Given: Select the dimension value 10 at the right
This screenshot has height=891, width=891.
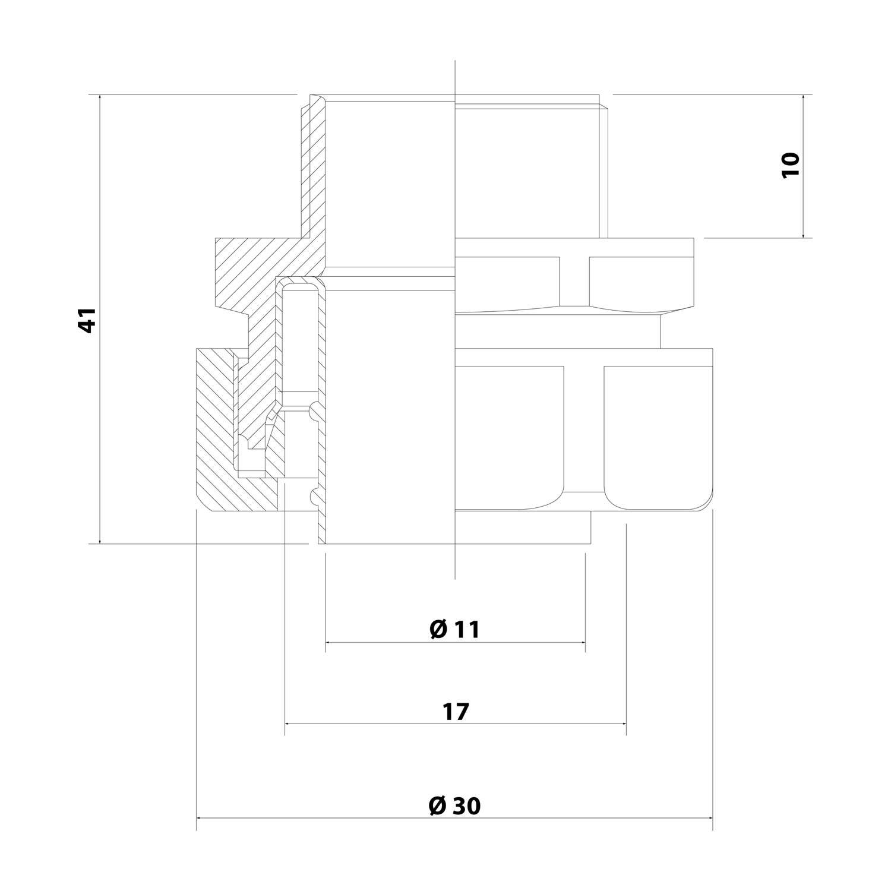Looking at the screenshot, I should click(791, 165).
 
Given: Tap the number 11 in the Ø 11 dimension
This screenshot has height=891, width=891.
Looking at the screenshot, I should click(467, 630).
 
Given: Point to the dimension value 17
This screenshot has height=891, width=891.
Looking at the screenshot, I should click(456, 711).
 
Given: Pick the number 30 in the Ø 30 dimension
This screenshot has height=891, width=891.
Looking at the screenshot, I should click(467, 806).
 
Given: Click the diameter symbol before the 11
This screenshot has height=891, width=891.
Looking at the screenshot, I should click(438, 630).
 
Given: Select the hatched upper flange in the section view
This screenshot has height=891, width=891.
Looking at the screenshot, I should click(249, 267).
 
